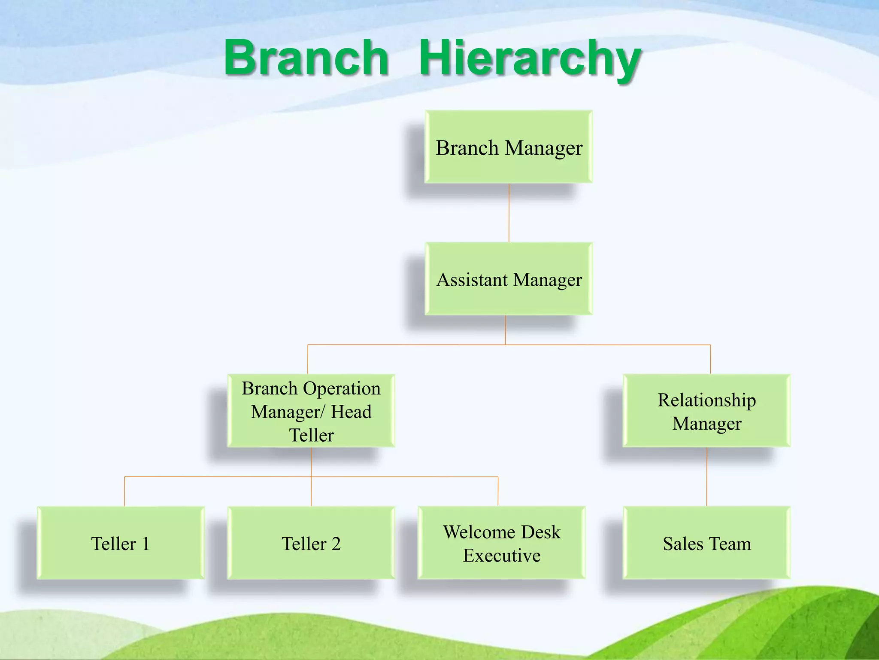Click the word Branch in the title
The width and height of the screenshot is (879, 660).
click(x=306, y=57)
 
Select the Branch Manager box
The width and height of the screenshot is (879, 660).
click(x=509, y=147)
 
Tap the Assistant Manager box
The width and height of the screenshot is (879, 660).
click(x=509, y=279)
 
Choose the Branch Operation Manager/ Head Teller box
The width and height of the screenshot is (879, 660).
click(x=311, y=411)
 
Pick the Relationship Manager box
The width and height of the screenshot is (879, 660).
click(x=706, y=411)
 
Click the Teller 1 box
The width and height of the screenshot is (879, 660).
click(x=121, y=543)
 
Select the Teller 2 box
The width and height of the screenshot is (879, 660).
click(x=311, y=543)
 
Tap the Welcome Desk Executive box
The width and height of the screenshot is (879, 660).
click(x=501, y=543)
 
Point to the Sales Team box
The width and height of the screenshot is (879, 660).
click(x=706, y=543)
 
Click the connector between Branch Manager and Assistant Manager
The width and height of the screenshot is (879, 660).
click(x=509, y=213)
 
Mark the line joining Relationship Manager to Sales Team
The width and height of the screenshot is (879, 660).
click(x=707, y=477)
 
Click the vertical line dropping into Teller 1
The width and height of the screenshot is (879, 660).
click(x=124, y=492)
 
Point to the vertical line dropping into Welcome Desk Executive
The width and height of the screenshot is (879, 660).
click(x=498, y=492)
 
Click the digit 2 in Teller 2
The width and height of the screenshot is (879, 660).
click(x=336, y=544)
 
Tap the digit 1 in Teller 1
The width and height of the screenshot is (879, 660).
click(x=145, y=544)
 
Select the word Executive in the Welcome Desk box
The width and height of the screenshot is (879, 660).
click(x=501, y=556)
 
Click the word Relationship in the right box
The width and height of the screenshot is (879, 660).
click(x=706, y=400)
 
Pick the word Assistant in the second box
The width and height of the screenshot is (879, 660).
click(x=472, y=280)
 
